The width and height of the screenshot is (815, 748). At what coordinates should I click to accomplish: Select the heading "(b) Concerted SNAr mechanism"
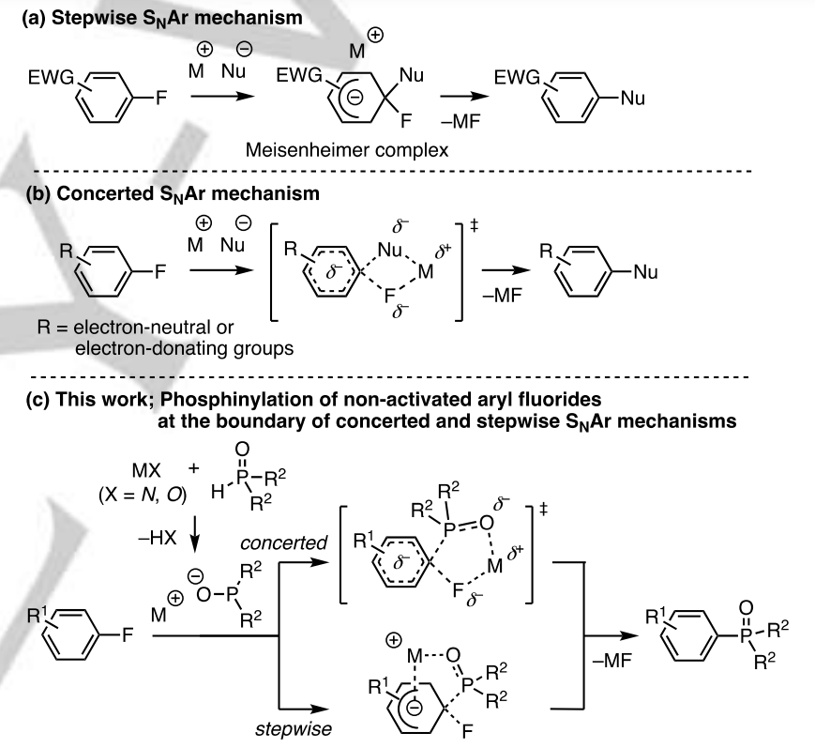pyautogui.click(x=131, y=196)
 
